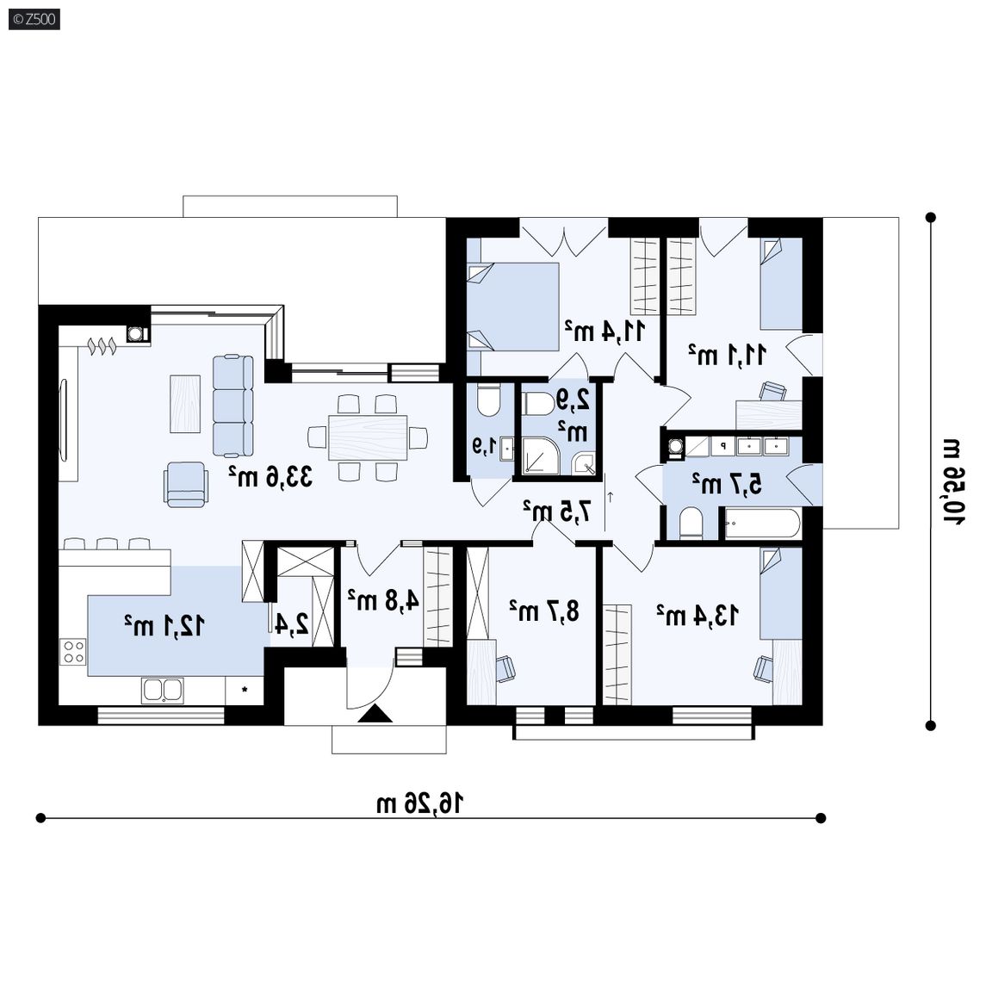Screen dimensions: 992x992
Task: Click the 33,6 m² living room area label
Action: click(x=270, y=476)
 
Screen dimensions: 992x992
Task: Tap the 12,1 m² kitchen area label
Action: click(x=164, y=625)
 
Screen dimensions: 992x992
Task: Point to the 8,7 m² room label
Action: click(x=544, y=611)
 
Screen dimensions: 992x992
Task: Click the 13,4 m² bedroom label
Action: click(x=697, y=614)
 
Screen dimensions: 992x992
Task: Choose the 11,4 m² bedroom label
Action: click(x=604, y=331)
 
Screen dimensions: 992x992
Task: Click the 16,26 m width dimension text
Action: click(x=420, y=803)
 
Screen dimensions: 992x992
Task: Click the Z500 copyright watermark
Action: click(x=34, y=20)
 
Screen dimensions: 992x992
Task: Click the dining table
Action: click(x=368, y=437)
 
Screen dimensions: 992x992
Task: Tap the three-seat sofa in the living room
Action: click(x=232, y=406)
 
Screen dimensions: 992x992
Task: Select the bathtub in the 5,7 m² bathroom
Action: click(x=762, y=524)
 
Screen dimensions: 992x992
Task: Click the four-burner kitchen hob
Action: click(x=73, y=652)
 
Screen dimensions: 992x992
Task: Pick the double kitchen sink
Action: click(x=163, y=691)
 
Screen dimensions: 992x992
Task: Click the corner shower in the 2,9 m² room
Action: click(x=540, y=455)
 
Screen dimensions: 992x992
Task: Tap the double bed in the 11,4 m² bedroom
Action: click(x=513, y=307)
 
